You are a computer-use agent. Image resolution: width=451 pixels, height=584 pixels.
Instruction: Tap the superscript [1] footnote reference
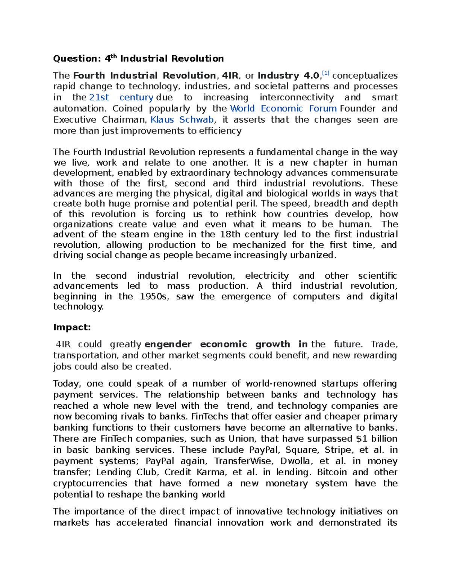[x=325, y=73]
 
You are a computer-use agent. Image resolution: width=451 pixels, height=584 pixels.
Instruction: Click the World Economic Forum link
[x=283, y=109]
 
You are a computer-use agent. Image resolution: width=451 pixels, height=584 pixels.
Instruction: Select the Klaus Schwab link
[x=182, y=120]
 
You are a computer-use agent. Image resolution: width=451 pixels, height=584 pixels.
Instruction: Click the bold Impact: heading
[x=72, y=327]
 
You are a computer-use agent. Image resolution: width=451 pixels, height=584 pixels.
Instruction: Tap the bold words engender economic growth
[x=217, y=344]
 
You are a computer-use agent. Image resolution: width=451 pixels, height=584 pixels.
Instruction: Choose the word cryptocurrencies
[x=90, y=483]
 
